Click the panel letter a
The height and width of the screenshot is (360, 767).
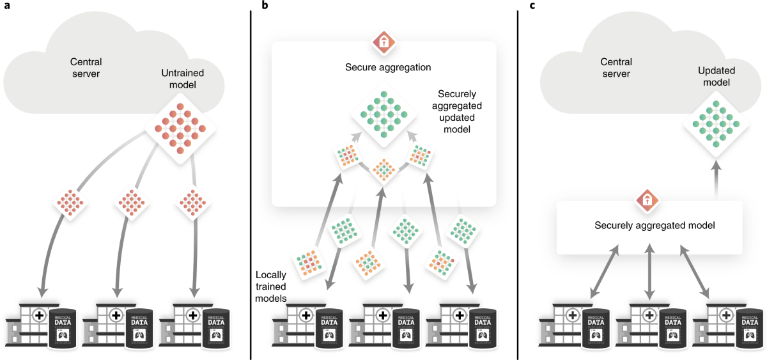click(x=6, y=6)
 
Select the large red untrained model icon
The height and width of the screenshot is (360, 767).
click(x=180, y=126)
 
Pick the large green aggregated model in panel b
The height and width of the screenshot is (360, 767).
click(x=384, y=114)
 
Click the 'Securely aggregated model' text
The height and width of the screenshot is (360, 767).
click(x=649, y=225)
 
